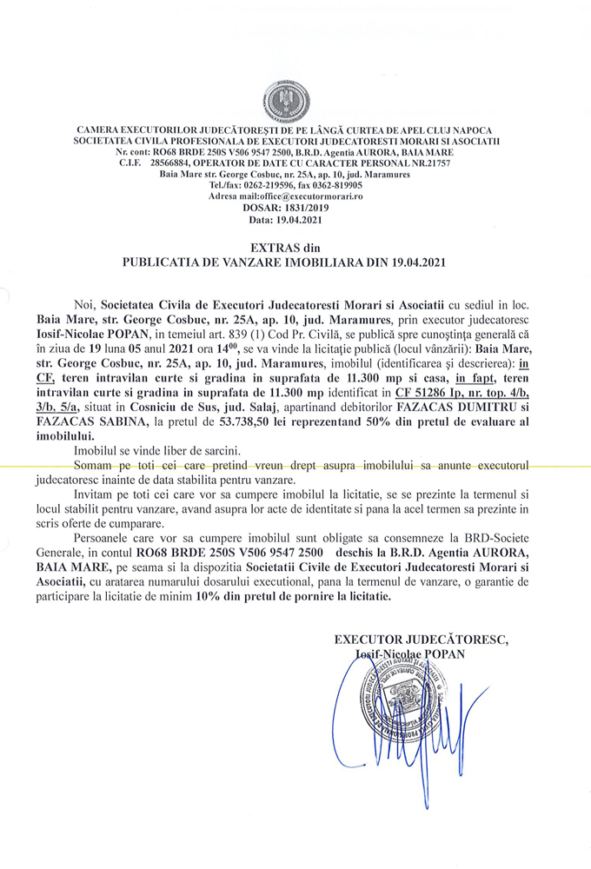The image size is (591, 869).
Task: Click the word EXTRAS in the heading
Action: [262, 248]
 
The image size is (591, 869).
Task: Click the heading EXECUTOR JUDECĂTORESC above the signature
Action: [422, 640]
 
